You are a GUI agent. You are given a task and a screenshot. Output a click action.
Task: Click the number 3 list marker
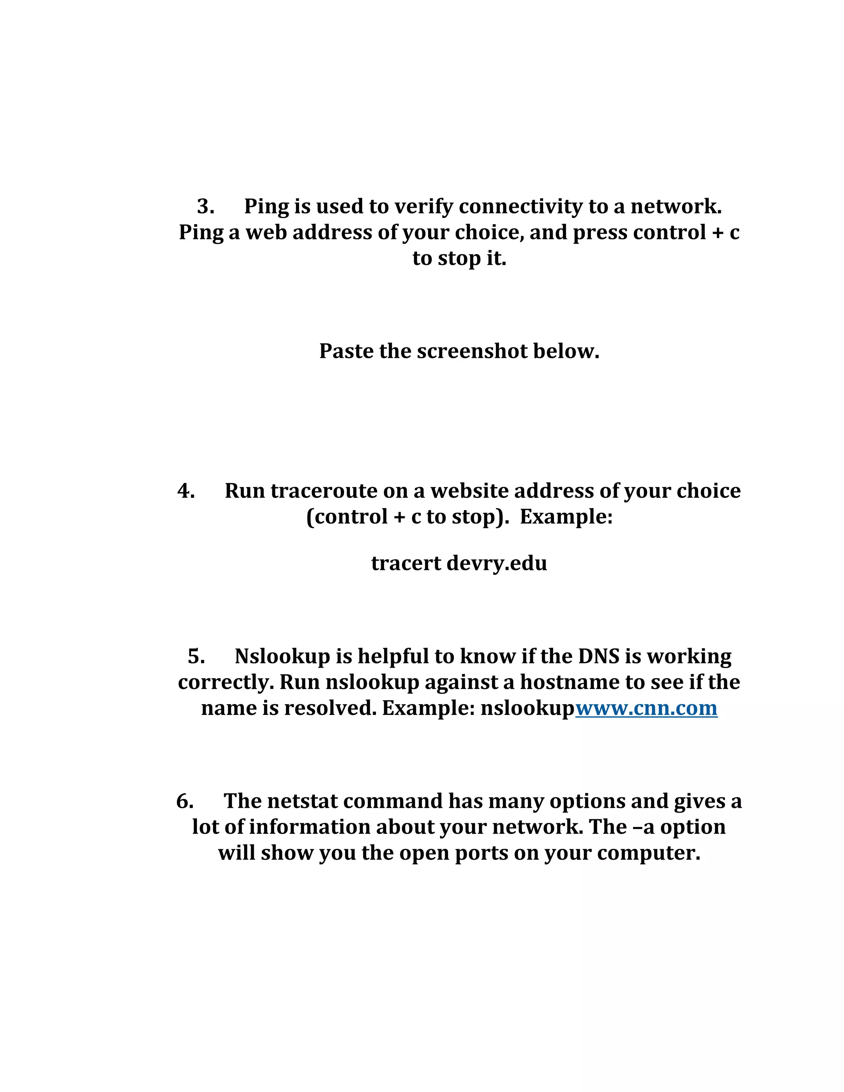[205, 206]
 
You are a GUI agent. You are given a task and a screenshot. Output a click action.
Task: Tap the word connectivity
[520, 206]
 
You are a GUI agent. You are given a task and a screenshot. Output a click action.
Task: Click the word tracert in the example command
[406, 563]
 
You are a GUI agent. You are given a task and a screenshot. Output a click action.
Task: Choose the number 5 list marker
[196, 656]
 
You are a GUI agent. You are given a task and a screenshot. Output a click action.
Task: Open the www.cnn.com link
[646, 708]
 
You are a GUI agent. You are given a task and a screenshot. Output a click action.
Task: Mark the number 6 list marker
[185, 801]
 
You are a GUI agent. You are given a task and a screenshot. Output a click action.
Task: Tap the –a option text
[644, 827]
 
